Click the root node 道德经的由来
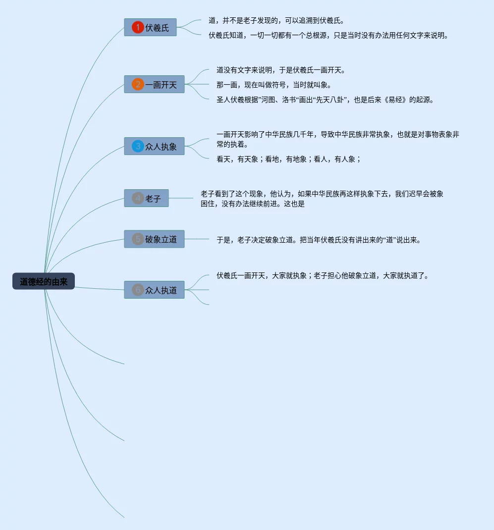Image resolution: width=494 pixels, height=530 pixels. [44, 281]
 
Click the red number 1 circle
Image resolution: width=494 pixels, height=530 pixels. [138, 27]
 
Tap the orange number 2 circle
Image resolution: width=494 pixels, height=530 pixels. [138, 84]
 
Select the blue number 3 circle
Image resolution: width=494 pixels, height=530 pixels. [138, 146]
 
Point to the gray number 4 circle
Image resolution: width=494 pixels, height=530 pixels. [138, 198]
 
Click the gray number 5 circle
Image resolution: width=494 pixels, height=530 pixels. [138, 239]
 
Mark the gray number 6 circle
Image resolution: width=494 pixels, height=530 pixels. [138, 290]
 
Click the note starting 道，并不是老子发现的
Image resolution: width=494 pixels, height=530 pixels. [276, 21]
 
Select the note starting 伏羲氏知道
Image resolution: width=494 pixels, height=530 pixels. [328, 36]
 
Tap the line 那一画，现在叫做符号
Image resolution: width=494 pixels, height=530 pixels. [274, 85]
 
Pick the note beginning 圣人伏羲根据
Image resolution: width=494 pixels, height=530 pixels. [325, 100]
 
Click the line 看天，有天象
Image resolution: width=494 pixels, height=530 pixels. [288, 159]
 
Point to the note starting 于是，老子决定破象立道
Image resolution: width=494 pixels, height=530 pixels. [318, 240]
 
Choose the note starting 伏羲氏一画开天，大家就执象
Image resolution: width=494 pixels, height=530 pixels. [322, 276]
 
